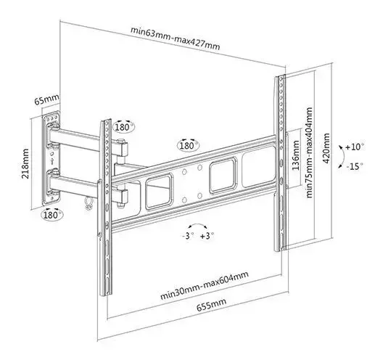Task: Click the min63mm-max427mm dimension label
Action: pyautogui.click(x=175, y=38)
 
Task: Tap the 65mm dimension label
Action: pyautogui.click(x=46, y=99)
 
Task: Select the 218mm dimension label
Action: pyautogui.click(x=25, y=163)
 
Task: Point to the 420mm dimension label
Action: pyautogui.click(x=326, y=148)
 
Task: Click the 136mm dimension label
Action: pyautogui.click(x=295, y=155)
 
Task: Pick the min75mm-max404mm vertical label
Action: pyautogui.click(x=309, y=152)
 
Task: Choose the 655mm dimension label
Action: pyautogui.click(x=212, y=305)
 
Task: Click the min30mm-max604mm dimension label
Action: pyautogui.click(x=205, y=285)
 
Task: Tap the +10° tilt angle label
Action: pyautogui.click(x=354, y=147)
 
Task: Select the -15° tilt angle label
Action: pyautogui.click(x=355, y=166)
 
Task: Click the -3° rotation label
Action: pyautogui.click(x=188, y=236)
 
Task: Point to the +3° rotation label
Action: pyautogui.click(x=207, y=236)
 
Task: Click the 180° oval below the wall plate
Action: pyautogui.click(x=52, y=215)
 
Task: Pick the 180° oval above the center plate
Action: pyautogui.click(x=188, y=145)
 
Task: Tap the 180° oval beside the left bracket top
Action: pyautogui.click(x=124, y=127)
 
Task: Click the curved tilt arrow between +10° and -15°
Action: pyautogui.click(x=343, y=157)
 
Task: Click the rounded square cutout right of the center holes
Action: pyautogui.click(x=223, y=176)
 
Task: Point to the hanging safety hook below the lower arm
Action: pyautogui.click(x=88, y=202)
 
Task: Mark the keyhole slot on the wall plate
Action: pyautogui.click(x=52, y=161)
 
